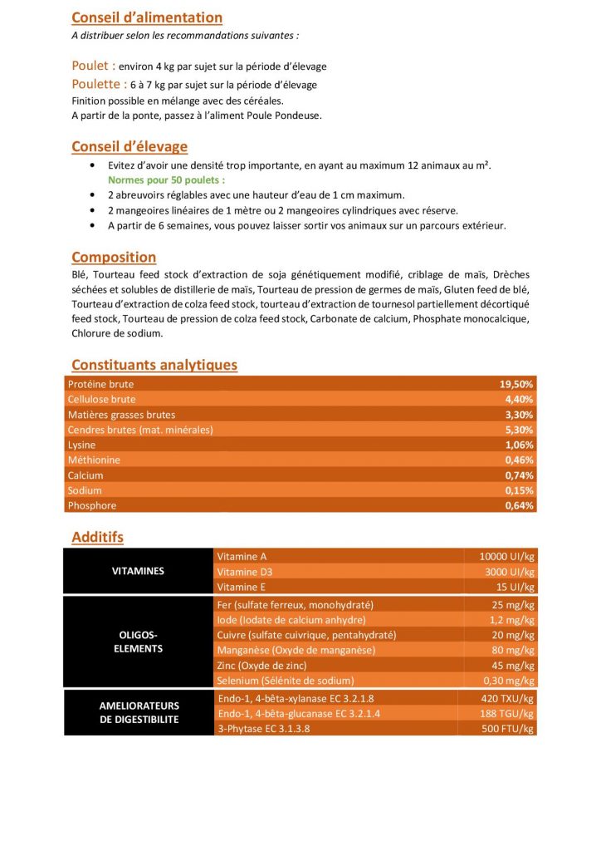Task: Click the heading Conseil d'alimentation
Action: point(147,17)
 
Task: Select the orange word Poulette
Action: point(96,84)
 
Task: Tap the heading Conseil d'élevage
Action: point(129,147)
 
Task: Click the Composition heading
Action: point(114,258)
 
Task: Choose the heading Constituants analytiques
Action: point(154,365)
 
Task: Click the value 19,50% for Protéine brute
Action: point(516,385)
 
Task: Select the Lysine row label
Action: point(82,445)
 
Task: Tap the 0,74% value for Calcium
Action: point(519,475)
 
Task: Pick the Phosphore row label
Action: point(92,505)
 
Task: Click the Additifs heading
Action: point(97,538)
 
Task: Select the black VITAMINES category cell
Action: point(138,572)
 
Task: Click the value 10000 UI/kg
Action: point(506,557)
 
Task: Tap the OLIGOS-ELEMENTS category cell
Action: point(138,642)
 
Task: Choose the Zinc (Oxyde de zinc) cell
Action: point(261,666)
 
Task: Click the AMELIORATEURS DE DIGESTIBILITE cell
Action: point(138,713)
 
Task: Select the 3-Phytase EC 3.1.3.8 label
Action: point(271,729)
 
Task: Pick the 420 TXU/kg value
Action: point(507,698)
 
